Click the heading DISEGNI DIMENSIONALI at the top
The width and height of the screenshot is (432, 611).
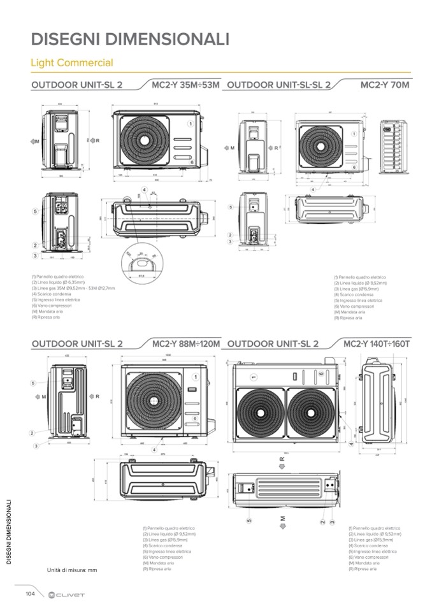pyautogui.click(x=130, y=40)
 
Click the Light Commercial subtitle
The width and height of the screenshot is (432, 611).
pyautogui.click(x=72, y=63)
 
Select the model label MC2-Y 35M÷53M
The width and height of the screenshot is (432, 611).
pyautogui.click(x=185, y=84)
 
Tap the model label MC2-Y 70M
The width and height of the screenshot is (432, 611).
pyautogui.click(x=384, y=84)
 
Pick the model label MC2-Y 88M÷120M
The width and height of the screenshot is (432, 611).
pyautogui.click(x=186, y=344)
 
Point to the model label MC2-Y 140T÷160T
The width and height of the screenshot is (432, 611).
pyautogui.click(x=377, y=344)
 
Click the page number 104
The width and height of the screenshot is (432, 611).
pyautogui.click(x=30, y=593)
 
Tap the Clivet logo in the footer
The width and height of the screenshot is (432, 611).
pyautogui.click(x=66, y=594)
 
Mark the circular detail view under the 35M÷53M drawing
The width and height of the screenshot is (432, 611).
pyautogui.click(x=141, y=263)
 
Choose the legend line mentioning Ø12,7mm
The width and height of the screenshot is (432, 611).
pyautogui.click(x=73, y=288)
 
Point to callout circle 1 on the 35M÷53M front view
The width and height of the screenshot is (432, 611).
pyautogui.click(x=190, y=123)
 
